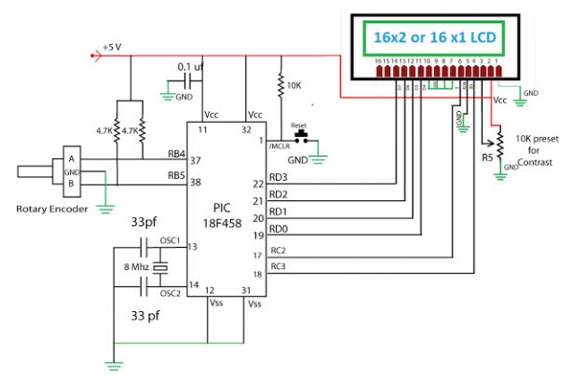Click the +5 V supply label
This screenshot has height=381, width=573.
pos(112,44)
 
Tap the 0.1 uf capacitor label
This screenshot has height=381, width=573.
pos(193,67)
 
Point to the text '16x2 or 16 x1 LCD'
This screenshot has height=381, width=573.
pos(433,38)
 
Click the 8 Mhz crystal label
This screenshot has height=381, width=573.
pos(130,267)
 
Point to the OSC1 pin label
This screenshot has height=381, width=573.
pos(170,240)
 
